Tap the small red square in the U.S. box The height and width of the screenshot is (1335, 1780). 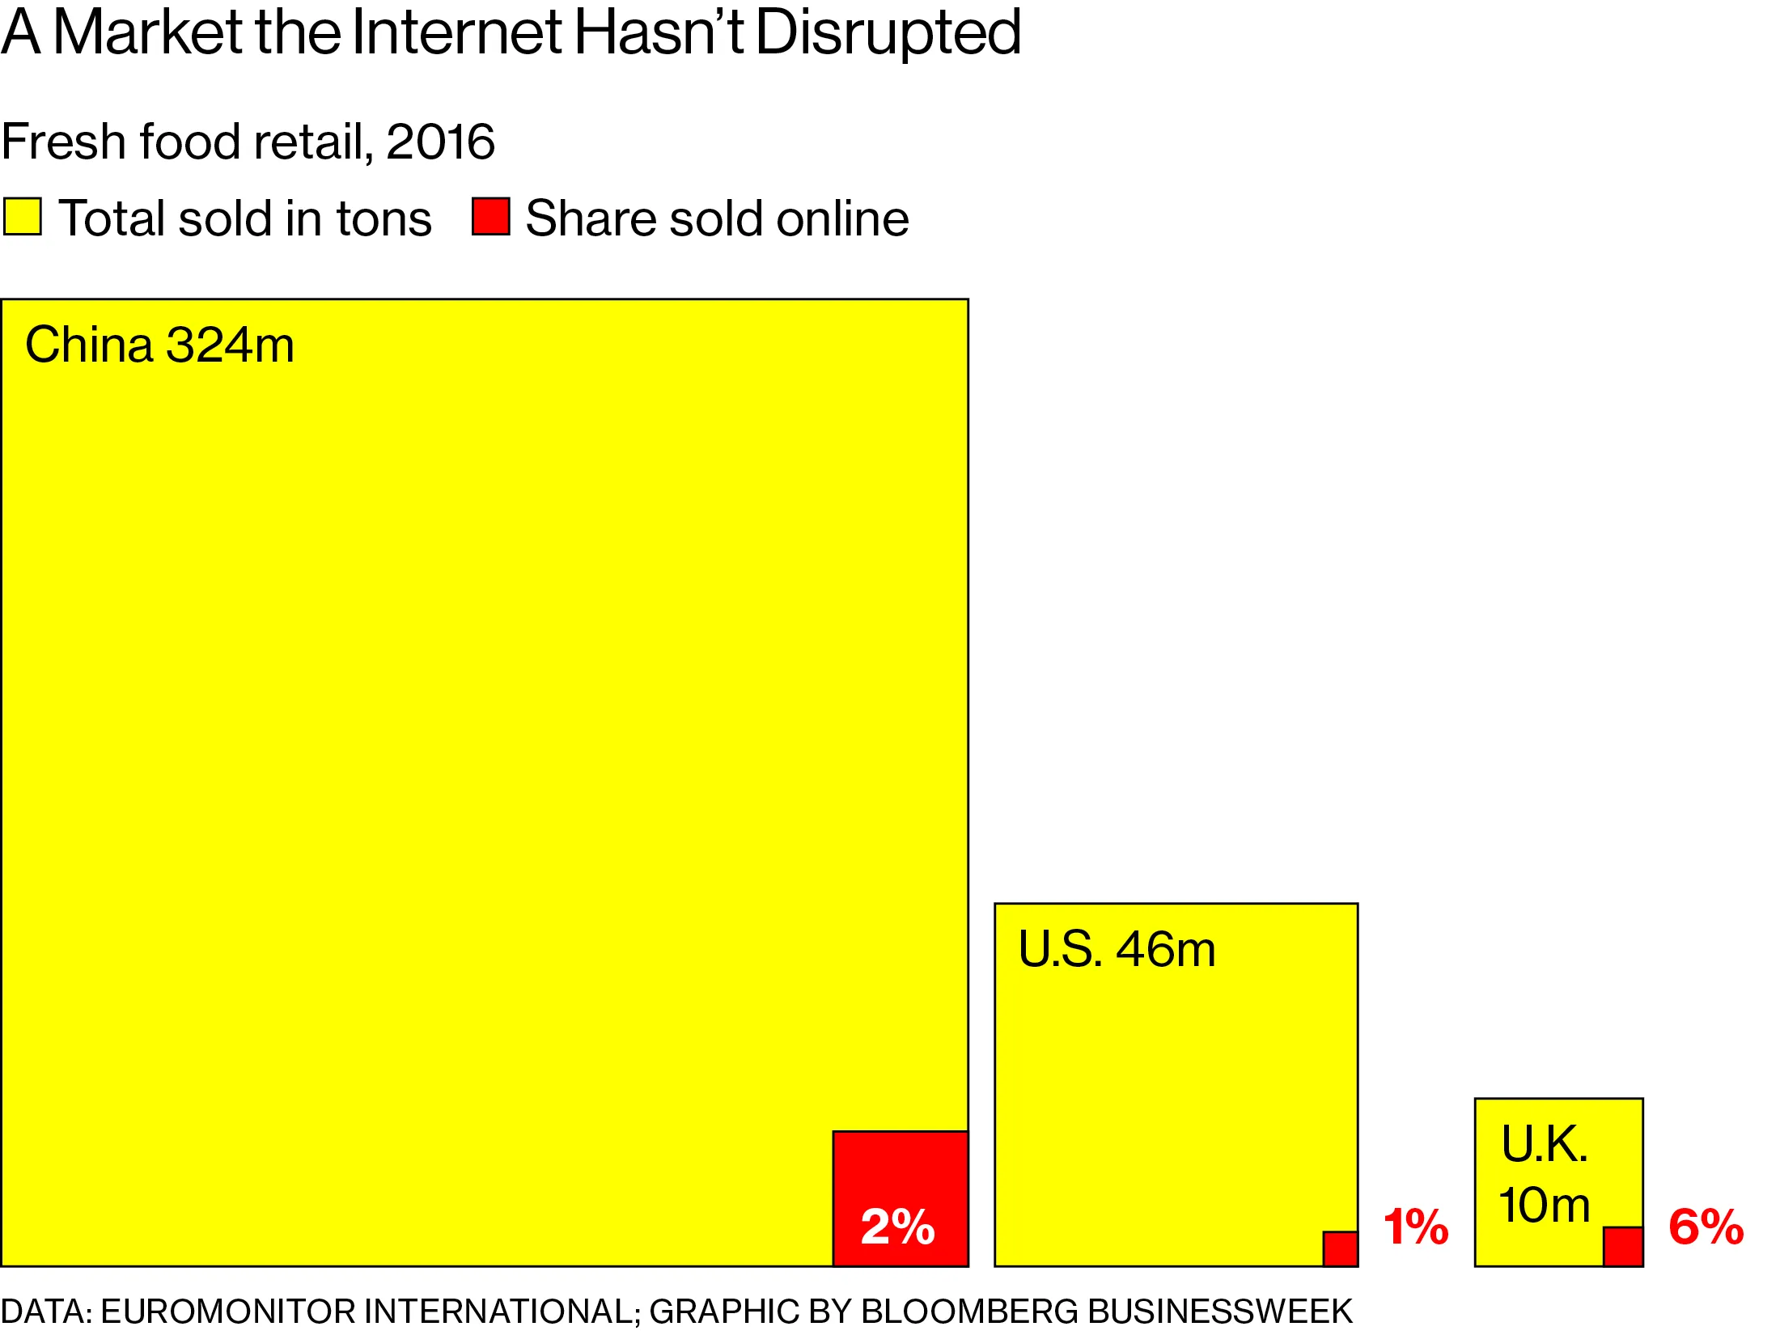(x=1340, y=1248)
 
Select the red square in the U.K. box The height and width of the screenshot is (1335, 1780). (x=1622, y=1246)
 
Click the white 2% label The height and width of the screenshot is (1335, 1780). (x=897, y=1227)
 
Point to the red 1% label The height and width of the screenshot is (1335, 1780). (x=1416, y=1227)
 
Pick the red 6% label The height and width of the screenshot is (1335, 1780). (x=1706, y=1227)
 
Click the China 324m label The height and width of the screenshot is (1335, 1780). (x=159, y=345)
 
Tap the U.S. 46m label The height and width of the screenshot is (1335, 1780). (x=1117, y=949)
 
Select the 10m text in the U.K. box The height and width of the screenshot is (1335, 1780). (x=1544, y=1205)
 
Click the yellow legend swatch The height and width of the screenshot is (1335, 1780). (x=22, y=217)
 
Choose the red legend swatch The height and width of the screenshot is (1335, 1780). (x=490, y=217)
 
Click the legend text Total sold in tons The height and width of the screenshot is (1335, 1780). (x=245, y=218)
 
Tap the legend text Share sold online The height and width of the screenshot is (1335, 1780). (x=717, y=218)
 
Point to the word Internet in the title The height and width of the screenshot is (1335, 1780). (x=456, y=32)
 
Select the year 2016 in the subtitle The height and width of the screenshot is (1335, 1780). (x=440, y=142)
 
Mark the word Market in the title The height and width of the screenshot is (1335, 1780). (x=147, y=32)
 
